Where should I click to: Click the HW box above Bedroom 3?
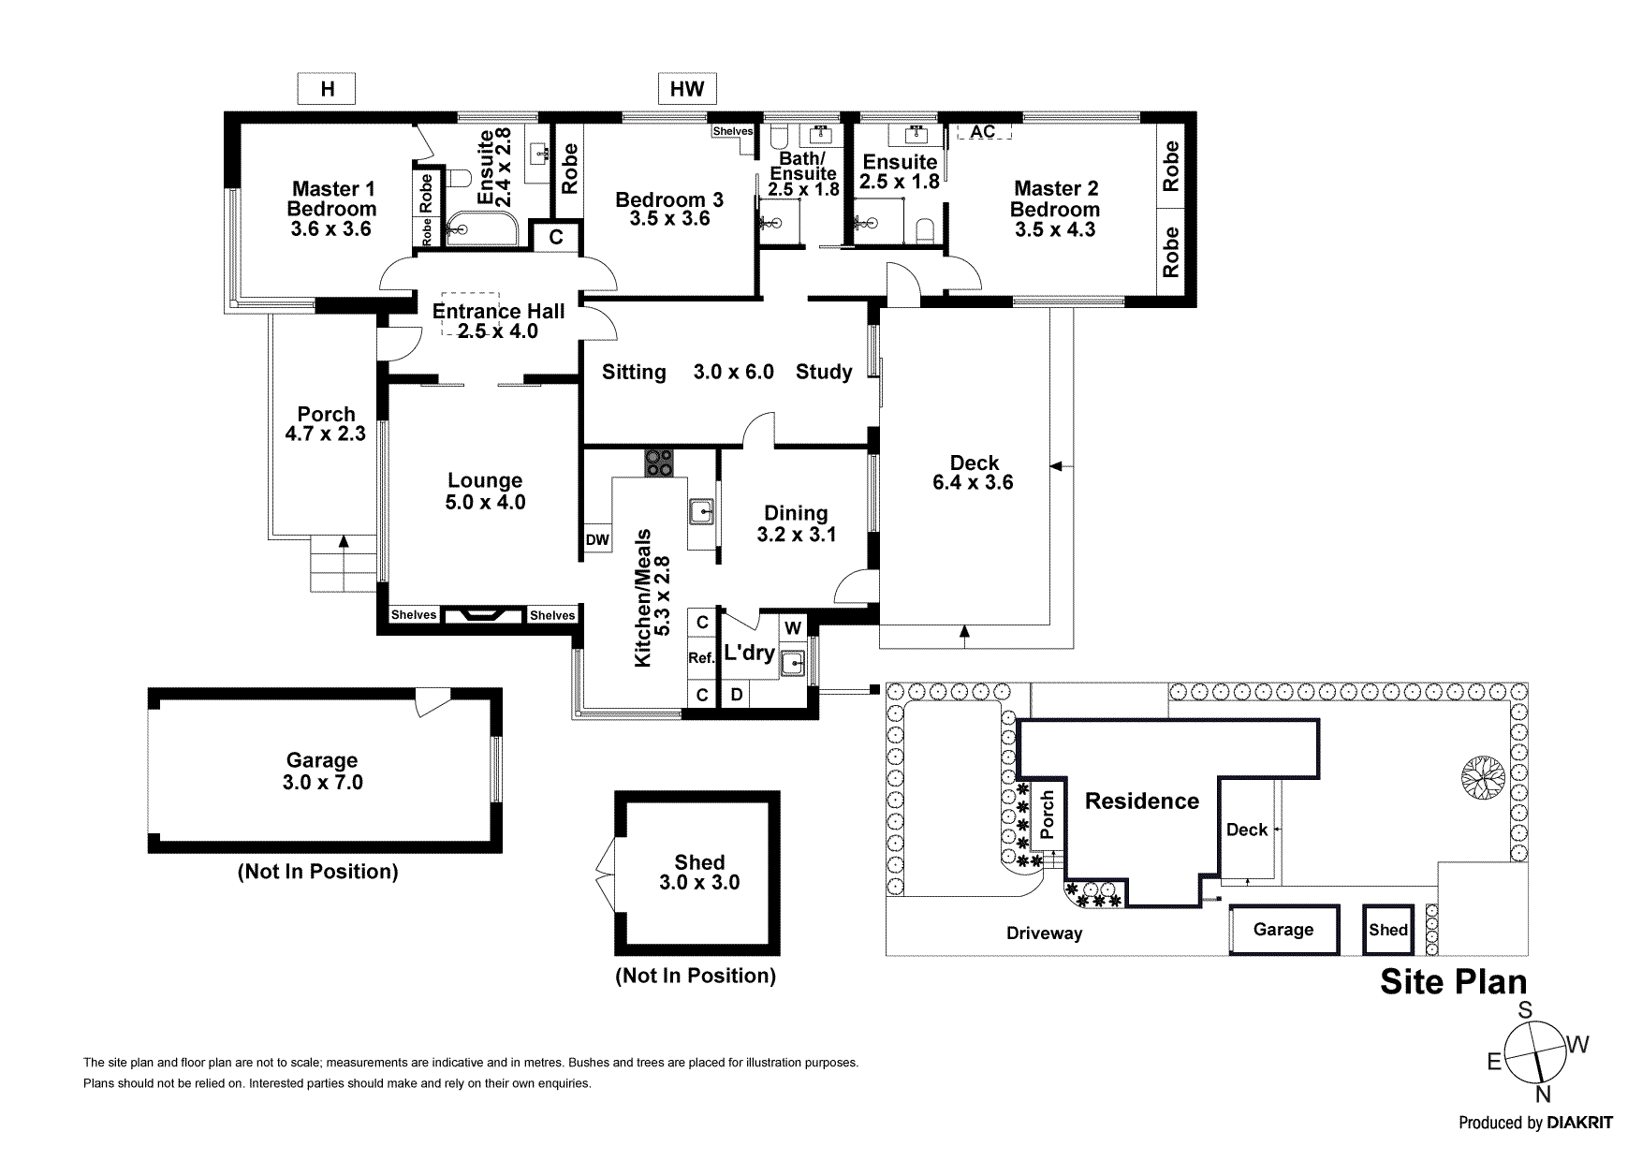click(x=687, y=89)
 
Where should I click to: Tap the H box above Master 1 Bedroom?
click(x=327, y=89)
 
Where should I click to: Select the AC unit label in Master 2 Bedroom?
click(x=983, y=132)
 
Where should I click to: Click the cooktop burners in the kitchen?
click(x=658, y=463)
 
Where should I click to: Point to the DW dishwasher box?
click(x=597, y=539)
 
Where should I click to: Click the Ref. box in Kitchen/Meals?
click(x=701, y=657)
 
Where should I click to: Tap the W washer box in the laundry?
click(x=792, y=627)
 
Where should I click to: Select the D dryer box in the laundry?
click(x=737, y=694)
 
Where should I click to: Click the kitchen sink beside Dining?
click(x=701, y=512)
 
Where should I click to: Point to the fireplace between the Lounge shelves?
click(x=483, y=615)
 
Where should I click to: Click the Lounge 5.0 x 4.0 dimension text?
click(x=485, y=503)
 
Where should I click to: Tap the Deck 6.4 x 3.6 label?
click(x=974, y=473)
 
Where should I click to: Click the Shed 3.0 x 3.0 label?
click(x=699, y=873)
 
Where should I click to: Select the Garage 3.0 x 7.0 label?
click(x=322, y=772)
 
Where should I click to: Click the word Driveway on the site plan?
click(x=1044, y=933)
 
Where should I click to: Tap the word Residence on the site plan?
click(x=1141, y=801)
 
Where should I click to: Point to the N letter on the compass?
click(x=1543, y=1095)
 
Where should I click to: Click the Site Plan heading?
click(x=1453, y=981)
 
